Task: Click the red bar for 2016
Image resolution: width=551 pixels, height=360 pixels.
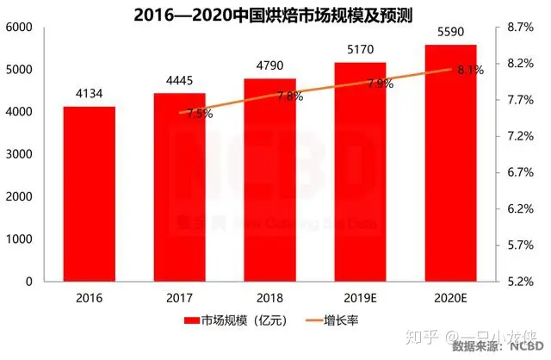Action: click(x=89, y=194)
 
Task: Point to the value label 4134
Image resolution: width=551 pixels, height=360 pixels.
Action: click(x=89, y=92)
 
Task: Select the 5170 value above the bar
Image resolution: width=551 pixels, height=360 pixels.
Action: click(x=361, y=49)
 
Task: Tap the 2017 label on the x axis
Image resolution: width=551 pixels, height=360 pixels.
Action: click(x=180, y=297)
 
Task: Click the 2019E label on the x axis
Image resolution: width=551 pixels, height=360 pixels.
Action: click(x=361, y=297)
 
